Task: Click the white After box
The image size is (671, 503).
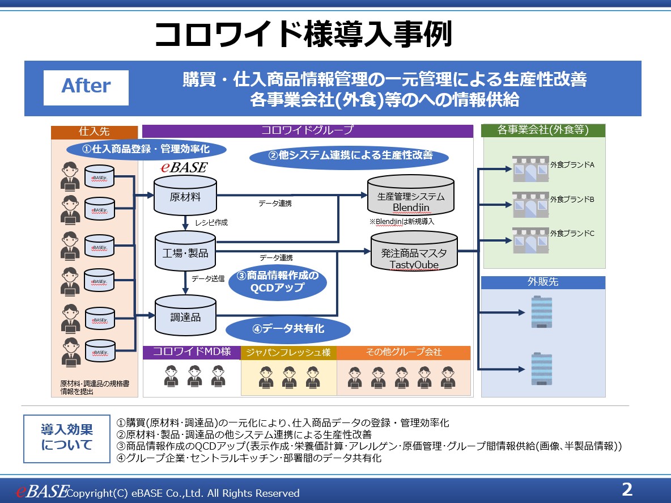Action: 86,87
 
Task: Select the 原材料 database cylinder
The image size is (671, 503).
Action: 185,196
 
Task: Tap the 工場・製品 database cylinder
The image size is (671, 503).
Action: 185,252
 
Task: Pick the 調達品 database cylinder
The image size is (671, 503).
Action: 185,316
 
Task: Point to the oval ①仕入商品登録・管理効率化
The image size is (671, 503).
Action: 147,149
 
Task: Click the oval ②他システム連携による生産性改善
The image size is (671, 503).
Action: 349,155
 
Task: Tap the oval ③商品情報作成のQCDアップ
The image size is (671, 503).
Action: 278,282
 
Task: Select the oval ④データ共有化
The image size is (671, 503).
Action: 288,329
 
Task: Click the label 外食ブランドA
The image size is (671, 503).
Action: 572,165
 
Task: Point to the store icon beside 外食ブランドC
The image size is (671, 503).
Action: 531,239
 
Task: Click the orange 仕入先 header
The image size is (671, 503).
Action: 94,132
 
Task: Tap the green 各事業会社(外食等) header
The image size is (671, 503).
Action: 543,130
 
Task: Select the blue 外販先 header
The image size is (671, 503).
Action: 543,282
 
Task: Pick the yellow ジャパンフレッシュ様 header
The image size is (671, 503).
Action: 288,353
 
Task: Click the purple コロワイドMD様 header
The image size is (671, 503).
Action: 192,352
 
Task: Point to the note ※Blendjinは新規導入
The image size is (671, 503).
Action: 402,222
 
